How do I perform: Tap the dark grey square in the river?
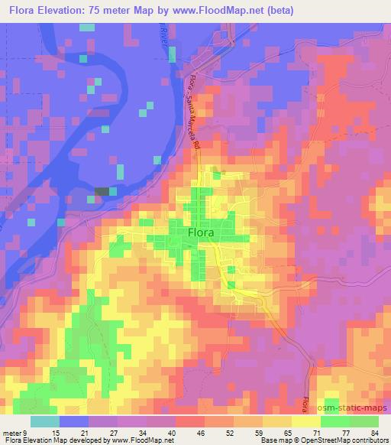[x=102, y=191]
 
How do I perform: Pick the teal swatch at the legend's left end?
[x=45, y=421]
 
